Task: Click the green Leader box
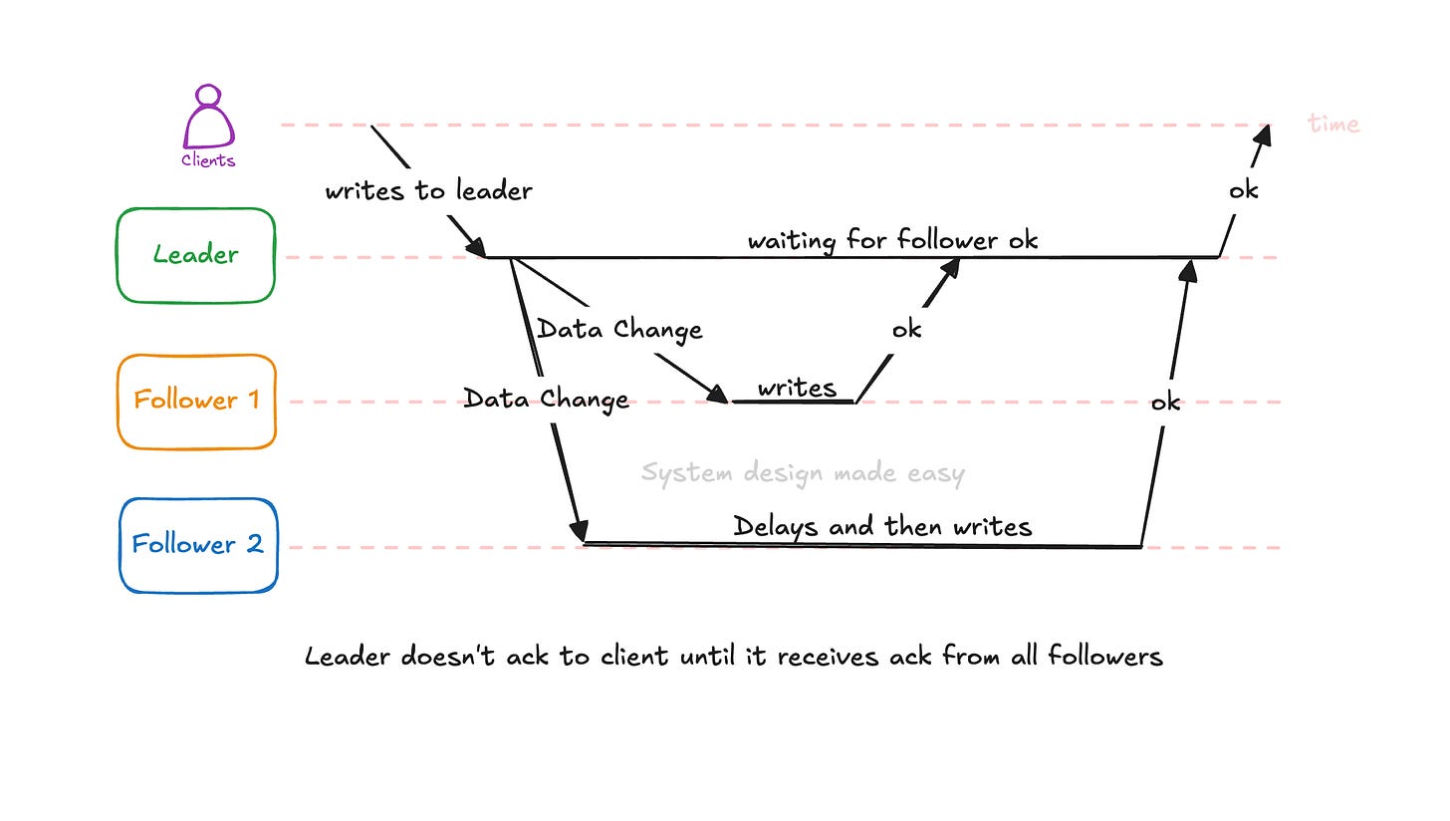coord(195,255)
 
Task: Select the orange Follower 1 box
coord(196,401)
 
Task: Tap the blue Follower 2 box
coord(197,545)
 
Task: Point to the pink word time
coord(1333,124)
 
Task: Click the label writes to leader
coord(428,190)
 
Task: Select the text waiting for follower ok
coord(892,240)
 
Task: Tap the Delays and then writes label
coord(882,526)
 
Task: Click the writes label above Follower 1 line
coord(797,388)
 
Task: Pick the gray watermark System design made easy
coord(803,472)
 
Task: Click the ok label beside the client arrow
coord(1243,189)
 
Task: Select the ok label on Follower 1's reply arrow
coord(906,329)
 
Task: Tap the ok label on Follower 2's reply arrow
coord(1165,403)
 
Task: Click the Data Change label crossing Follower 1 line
coord(546,400)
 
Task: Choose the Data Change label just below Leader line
coord(619,329)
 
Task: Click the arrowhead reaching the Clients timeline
coord(1265,134)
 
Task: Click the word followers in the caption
coord(1105,657)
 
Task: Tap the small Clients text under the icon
coord(208,160)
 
